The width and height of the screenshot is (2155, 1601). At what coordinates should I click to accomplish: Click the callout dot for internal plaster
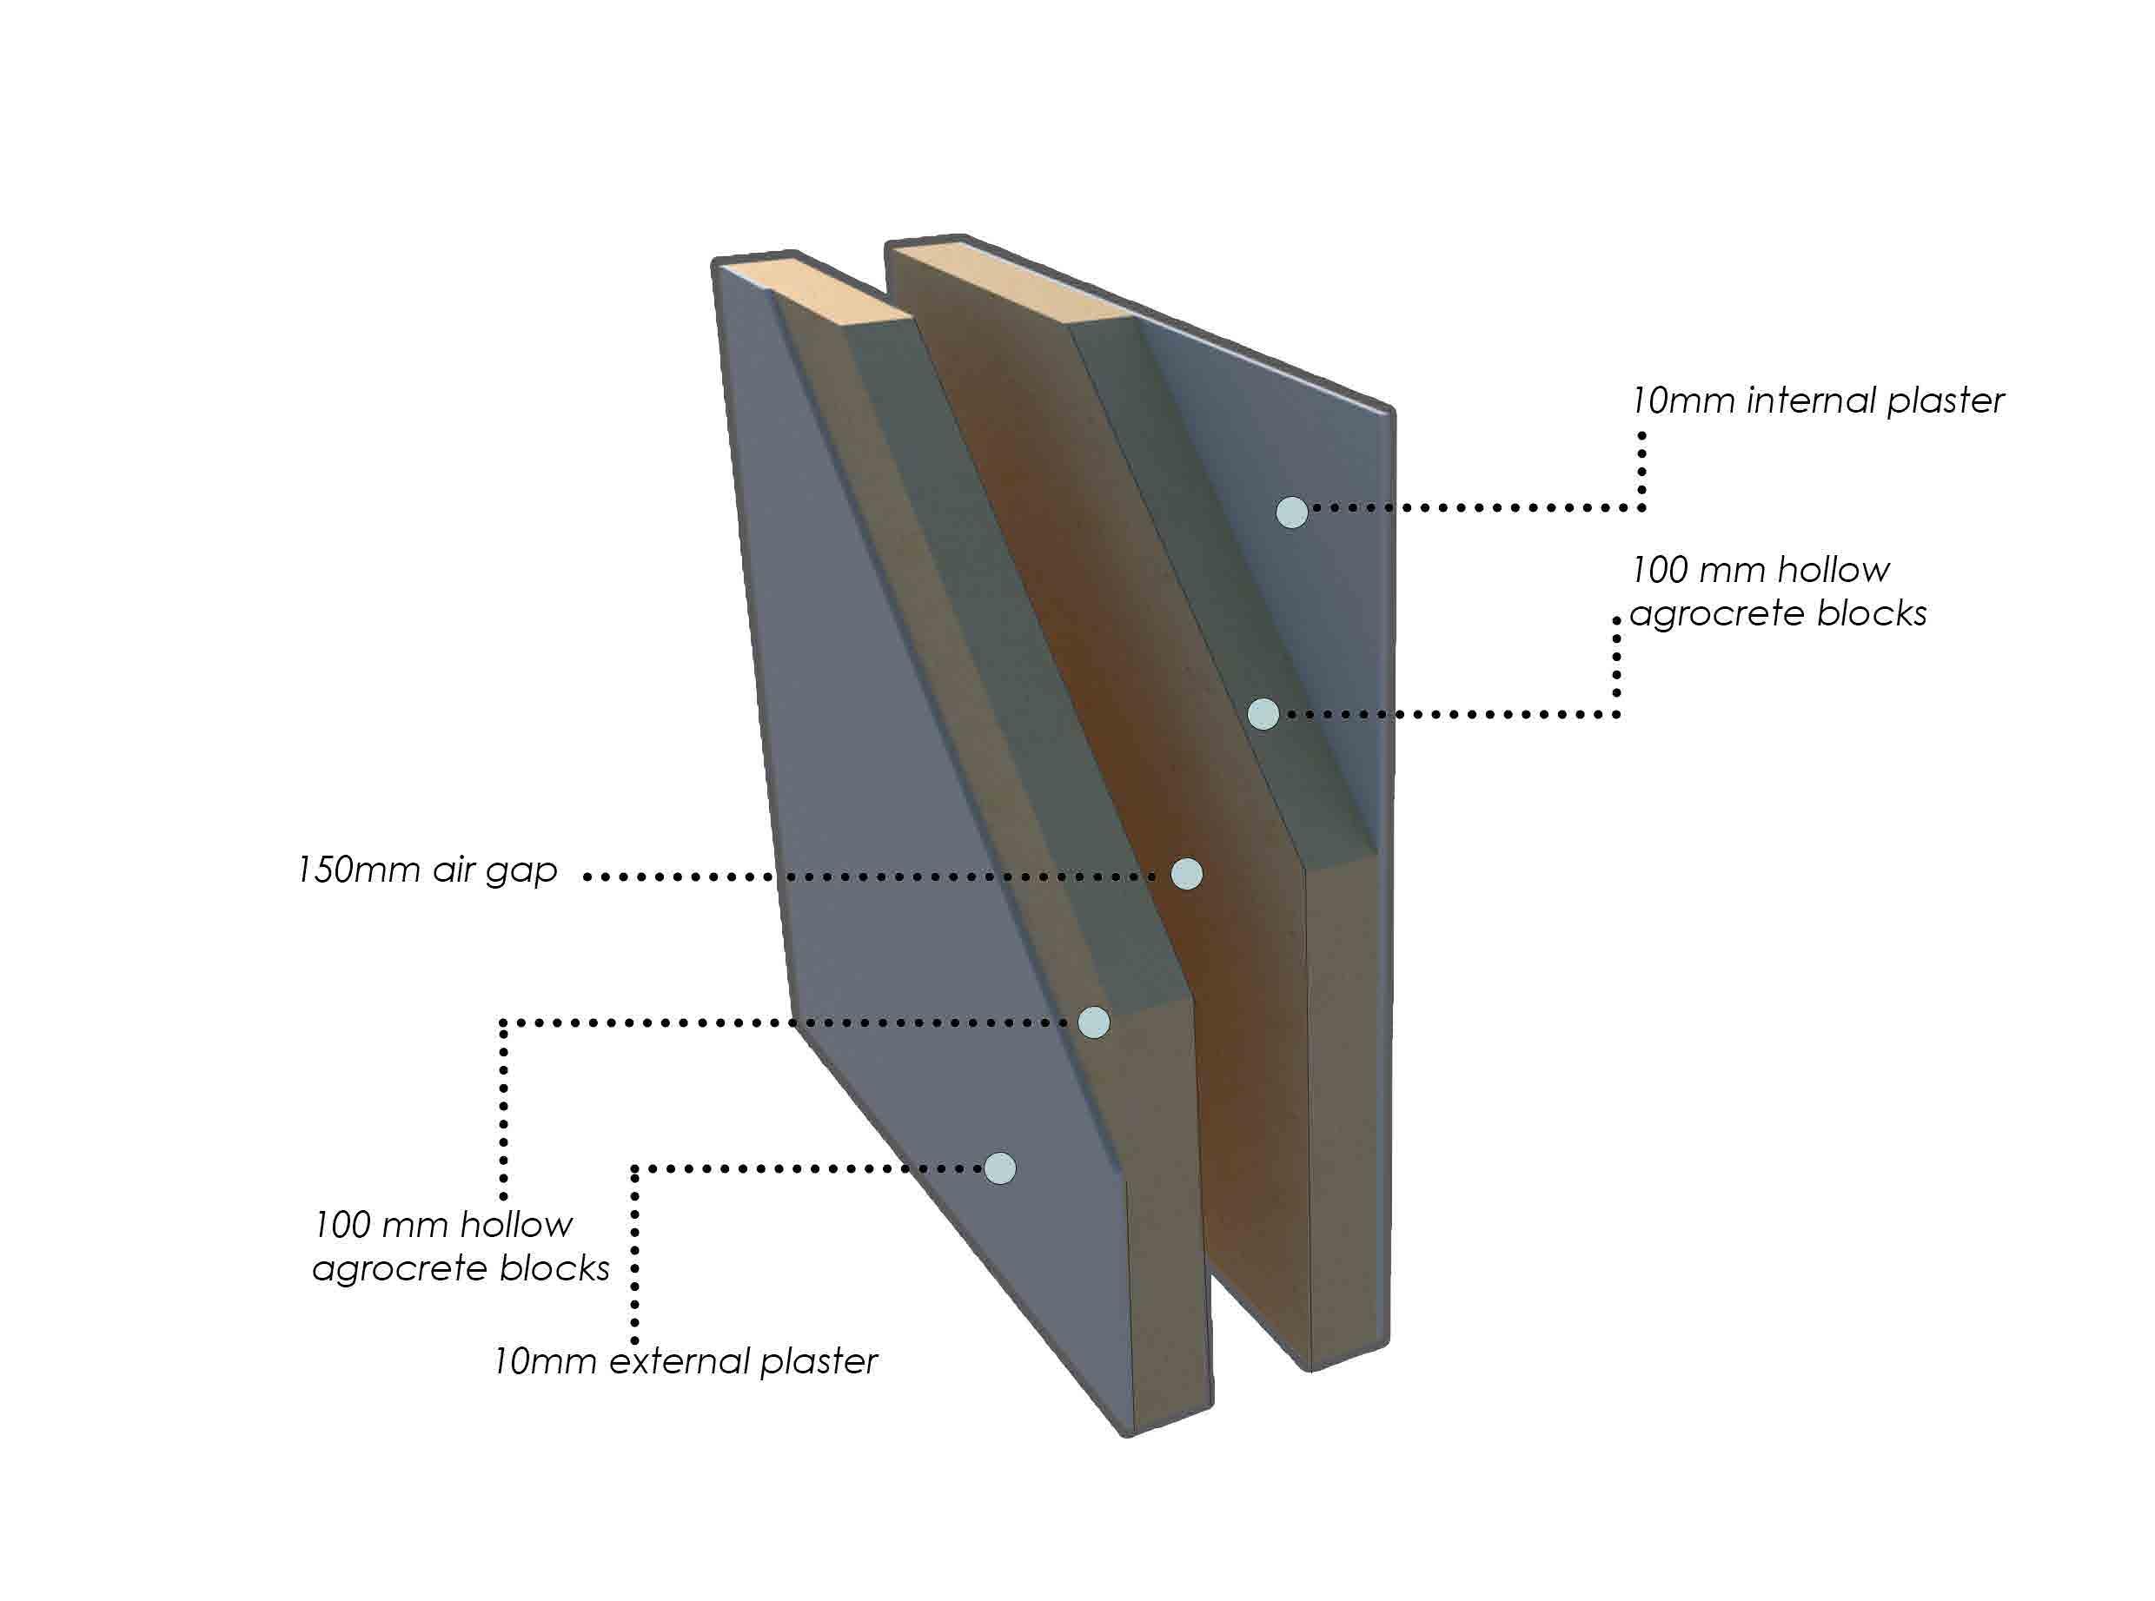click(x=1291, y=512)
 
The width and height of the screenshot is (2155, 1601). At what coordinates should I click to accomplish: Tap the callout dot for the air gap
click(x=1187, y=873)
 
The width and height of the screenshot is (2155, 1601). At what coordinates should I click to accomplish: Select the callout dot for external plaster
click(x=999, y=1168)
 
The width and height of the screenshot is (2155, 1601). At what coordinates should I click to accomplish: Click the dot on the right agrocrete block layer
click(x=1263, y=714)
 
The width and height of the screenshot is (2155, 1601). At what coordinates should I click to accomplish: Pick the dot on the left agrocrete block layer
click(x=1093, y=1022)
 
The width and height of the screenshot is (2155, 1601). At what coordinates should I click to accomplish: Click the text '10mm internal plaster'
click(x=1818, y=400)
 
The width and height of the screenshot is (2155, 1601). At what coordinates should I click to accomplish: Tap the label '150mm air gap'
click(x=428, y=870)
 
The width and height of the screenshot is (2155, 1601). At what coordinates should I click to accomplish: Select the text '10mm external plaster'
click(x=686, y=1360)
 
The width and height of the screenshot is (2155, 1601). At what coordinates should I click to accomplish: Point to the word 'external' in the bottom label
click(x=680, y=1360)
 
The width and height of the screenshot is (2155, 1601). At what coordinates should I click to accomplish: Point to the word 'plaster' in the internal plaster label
click(x=1945, y=401)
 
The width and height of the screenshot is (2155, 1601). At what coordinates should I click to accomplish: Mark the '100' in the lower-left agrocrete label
click(x=341, y=1224)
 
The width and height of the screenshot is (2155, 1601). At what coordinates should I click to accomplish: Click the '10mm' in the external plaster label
click(x=544, y=1360)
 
